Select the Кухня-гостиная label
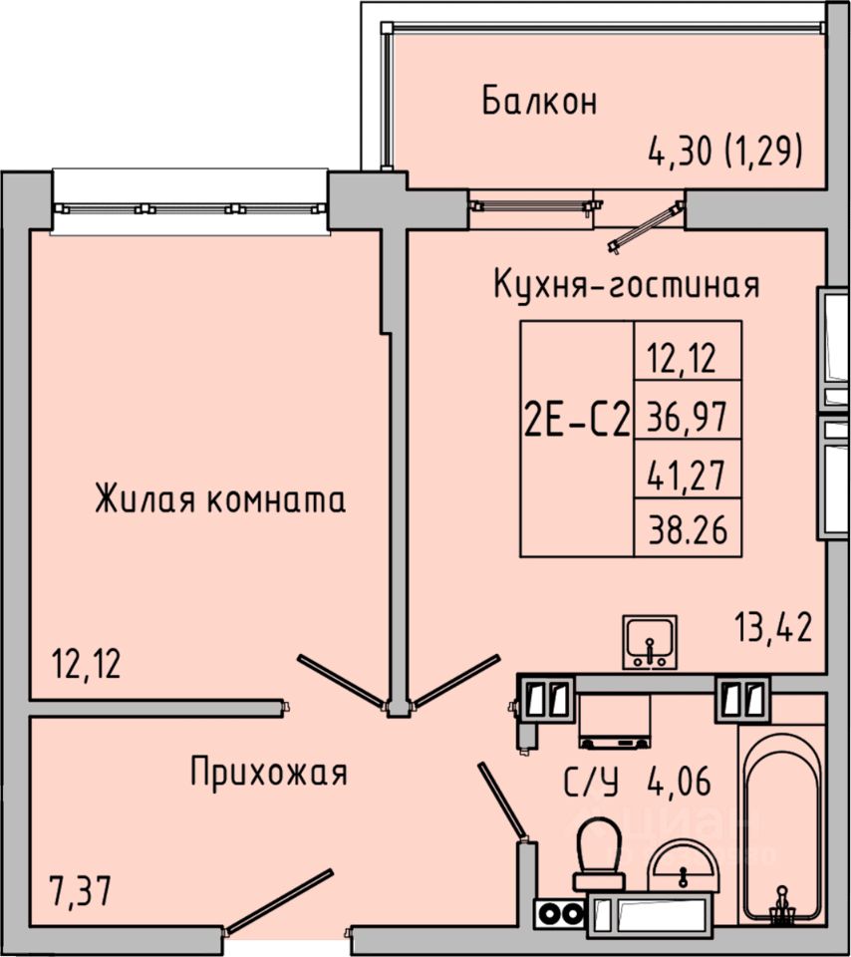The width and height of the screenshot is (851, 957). [x=627, y=285]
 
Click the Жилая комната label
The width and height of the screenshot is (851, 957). [x=220, y=498]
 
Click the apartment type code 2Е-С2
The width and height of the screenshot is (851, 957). [x=577, y=423]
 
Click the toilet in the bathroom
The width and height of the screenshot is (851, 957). [x=599, y=853]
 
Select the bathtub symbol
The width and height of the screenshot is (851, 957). [x=783, y=832]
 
